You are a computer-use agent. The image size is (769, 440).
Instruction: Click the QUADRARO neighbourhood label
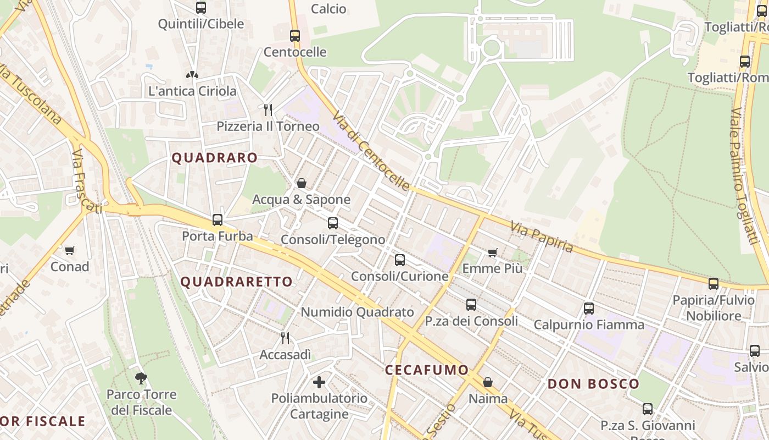point(214,158)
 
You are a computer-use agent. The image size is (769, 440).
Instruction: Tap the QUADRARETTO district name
point(237,282)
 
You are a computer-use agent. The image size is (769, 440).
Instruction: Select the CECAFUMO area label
point(427,370)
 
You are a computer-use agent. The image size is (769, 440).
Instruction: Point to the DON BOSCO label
point(594,384)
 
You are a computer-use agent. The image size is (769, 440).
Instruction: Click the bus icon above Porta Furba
point(218,220)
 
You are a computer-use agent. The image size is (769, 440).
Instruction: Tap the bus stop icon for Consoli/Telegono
point(333,223)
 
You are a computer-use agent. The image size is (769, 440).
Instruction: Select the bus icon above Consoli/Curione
point(400,260)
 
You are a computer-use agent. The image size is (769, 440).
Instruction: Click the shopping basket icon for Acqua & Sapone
point(301,183)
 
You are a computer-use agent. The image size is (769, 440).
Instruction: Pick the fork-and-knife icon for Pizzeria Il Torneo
point(268,109)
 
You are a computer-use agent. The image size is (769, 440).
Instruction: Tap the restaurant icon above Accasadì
point(285,338)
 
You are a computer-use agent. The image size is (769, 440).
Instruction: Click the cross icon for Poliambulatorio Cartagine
point(319,381)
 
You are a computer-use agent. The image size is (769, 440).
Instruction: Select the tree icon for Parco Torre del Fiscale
point(141,378)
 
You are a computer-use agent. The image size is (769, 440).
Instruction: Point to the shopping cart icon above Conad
point(70,251)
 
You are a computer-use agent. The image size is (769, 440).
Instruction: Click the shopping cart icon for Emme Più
point(493,252)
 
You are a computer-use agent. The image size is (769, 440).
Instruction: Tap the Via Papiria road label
point(541,237)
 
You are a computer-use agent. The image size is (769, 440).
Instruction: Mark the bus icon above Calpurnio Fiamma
point(589,309)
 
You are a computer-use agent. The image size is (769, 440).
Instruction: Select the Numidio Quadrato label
point(357,312)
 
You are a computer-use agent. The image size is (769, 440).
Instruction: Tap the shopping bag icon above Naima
point(488,382)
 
